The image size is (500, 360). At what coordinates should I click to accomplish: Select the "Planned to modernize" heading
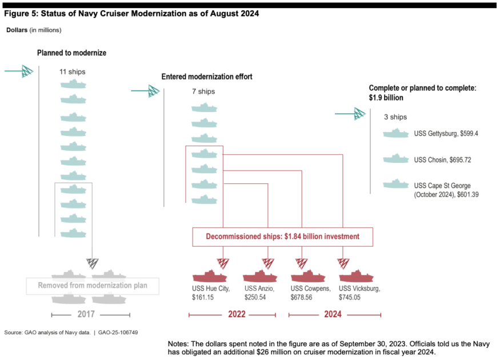pyautogui.click(x=71, y=53)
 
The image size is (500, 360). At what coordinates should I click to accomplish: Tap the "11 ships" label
pyautogui.click(x=72, y=72)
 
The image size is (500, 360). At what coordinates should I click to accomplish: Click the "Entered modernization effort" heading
pyautogui.click(x=207, y=77)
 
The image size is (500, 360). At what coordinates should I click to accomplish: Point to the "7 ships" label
pyautogui.click(x=204, y=92)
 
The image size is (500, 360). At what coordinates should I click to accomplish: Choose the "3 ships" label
pyautogui.click(x=395, y=117)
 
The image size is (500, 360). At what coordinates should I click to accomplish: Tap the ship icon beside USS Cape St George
pyautogui.click(x=395, y=185)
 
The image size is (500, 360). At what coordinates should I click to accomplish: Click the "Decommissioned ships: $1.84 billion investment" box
pyautogui.click(x=282, y=237)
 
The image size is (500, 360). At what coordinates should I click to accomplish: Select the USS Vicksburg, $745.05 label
pyautogui.click(x=359, y=293)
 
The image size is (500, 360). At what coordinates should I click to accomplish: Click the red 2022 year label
pyautogui.click(x=237, y=315)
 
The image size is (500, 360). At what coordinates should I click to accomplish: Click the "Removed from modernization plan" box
pyautogui.click(x=92, y=286)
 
